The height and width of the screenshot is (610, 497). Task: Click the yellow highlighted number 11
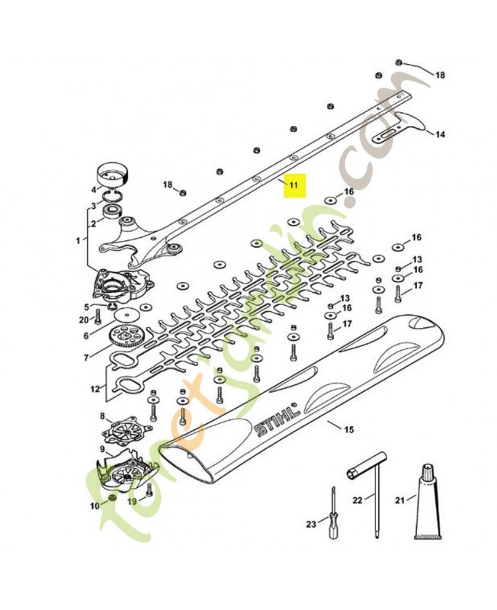294,185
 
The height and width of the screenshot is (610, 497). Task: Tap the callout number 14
439,135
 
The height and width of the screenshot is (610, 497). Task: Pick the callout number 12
95,389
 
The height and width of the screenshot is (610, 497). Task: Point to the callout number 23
310,524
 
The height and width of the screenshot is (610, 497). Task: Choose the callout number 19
131,501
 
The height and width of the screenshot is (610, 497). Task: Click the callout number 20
84,319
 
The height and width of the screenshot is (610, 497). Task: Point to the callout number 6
87,335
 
